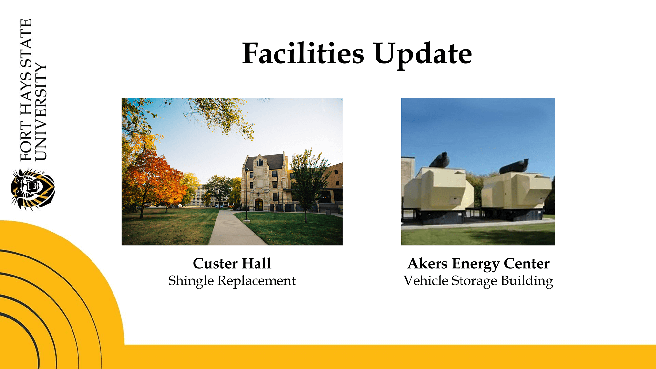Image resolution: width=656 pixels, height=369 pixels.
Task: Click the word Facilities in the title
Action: point(303,53)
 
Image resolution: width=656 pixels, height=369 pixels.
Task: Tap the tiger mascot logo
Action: point(33,189)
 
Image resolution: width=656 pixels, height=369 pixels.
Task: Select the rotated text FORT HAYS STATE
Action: point(26,90)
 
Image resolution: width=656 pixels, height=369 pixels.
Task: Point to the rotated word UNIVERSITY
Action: point(41,112)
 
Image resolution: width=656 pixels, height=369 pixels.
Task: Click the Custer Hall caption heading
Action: point(232,263)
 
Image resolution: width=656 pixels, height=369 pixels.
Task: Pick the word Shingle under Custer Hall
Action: point(191,281)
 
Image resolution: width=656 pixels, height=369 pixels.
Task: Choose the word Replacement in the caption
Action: point(256,281)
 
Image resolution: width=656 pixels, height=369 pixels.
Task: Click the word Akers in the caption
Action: point(427,263)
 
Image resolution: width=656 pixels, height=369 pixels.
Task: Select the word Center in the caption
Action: point(526,263)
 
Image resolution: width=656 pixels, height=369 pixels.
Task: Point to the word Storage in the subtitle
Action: point(474,281)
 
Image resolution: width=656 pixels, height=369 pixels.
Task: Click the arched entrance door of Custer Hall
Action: point(259,205)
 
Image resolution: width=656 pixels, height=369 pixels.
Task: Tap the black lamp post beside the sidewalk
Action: point(247,195)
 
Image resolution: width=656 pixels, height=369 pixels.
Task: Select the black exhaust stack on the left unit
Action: point(440,160)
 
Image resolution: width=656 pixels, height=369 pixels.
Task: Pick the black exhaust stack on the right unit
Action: point(514,167)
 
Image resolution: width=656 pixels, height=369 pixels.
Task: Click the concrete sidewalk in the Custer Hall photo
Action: point(234,230)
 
